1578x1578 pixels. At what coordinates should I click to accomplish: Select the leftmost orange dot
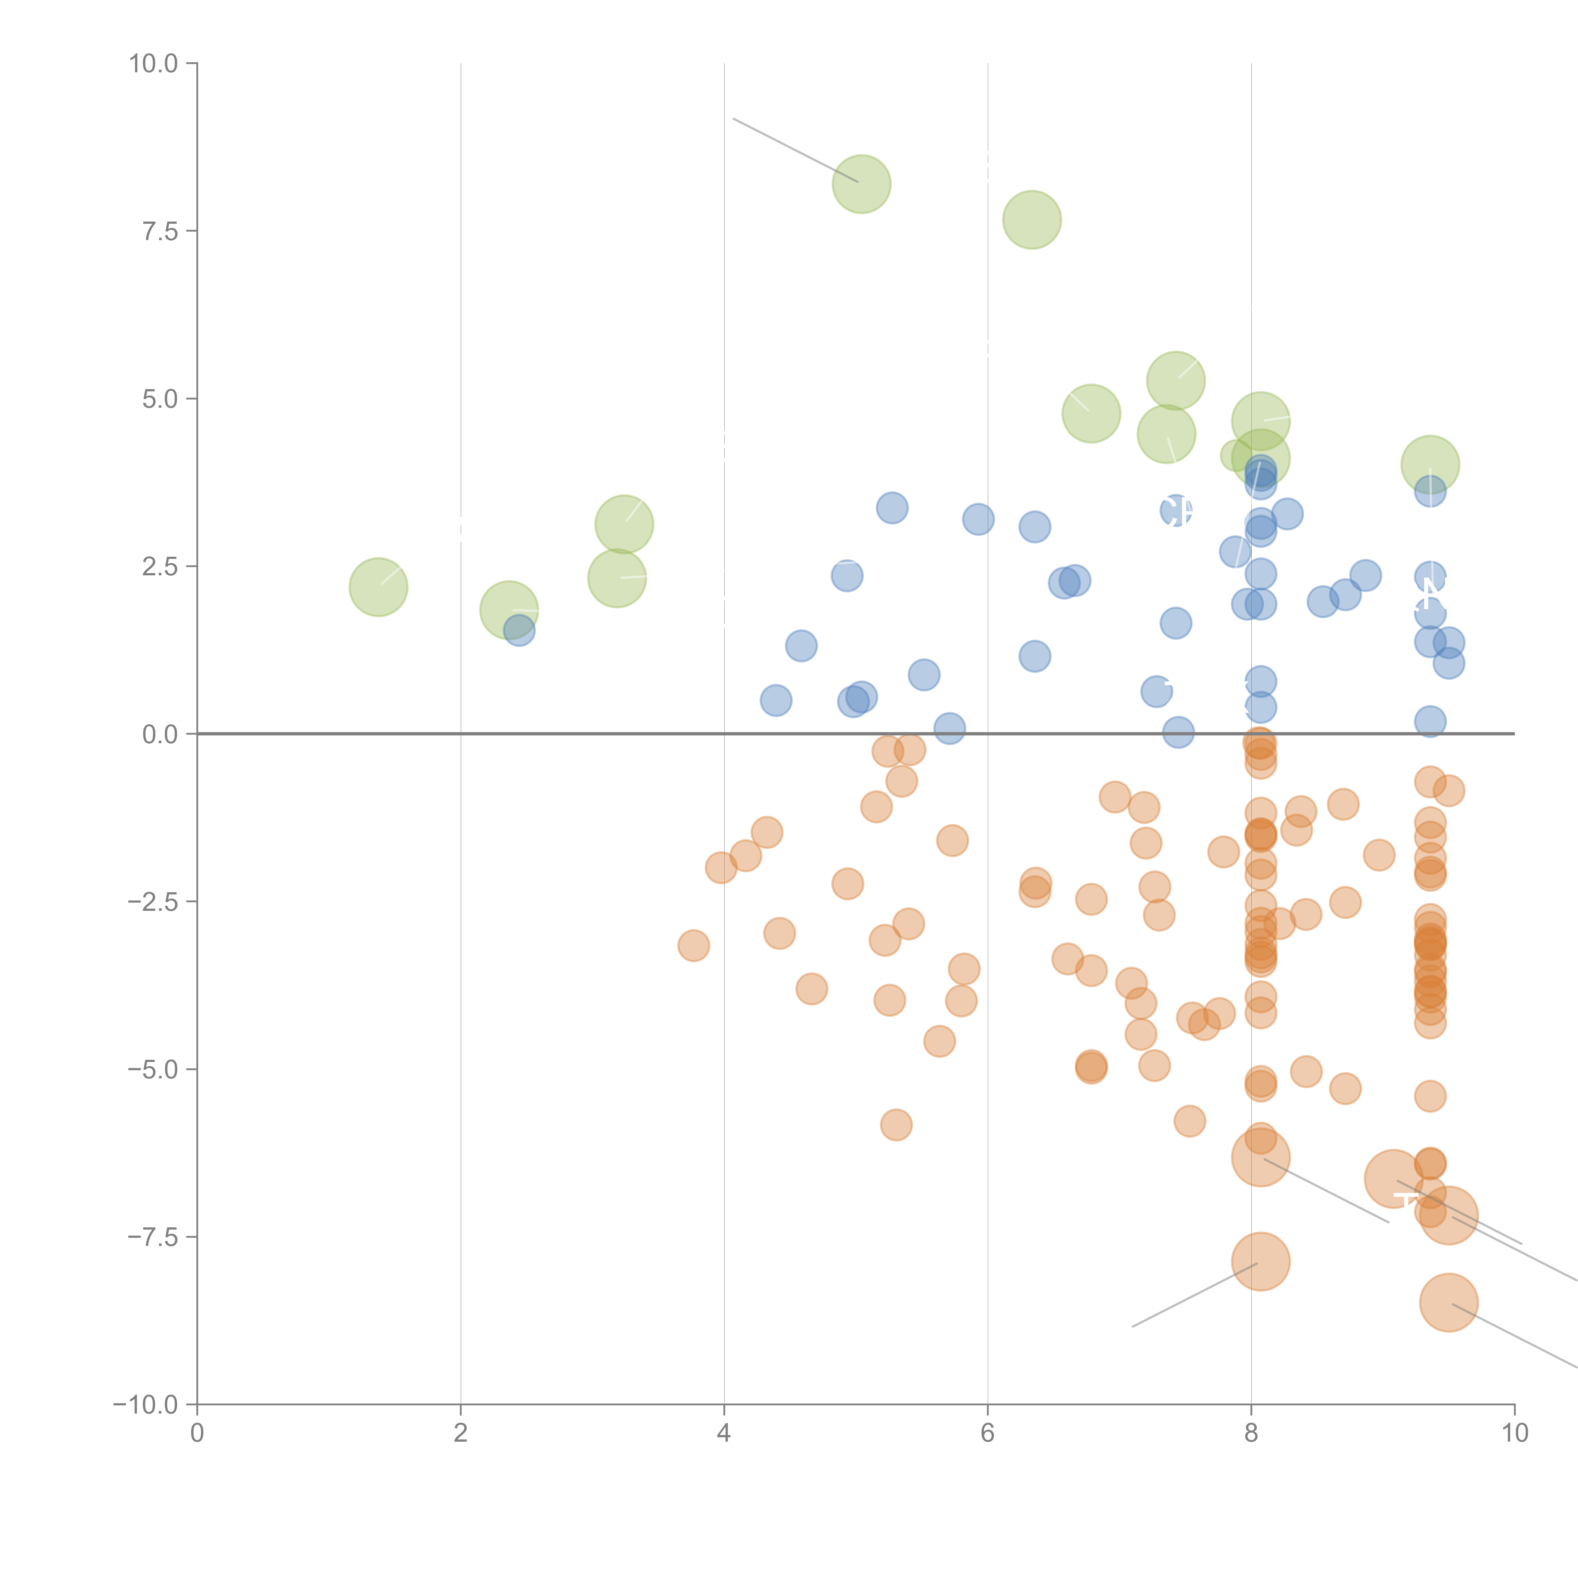(693, 946)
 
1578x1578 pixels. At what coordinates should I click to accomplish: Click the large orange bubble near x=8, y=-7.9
(1260, 1261)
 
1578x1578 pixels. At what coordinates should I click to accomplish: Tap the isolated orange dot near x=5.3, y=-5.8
(896, 1125)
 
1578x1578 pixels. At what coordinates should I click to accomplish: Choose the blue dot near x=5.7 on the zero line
(949, 728)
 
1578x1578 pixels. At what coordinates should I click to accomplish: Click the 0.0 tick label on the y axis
(160, 734)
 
